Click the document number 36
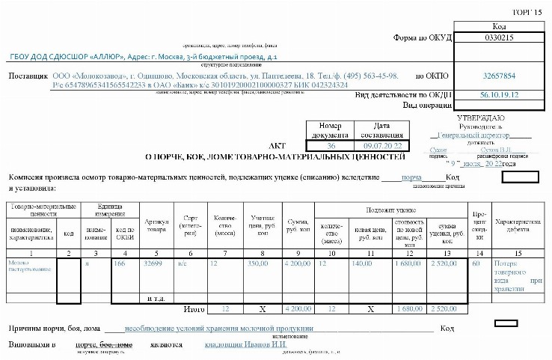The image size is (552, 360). coord(331,144)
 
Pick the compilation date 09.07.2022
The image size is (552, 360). coord(381,144)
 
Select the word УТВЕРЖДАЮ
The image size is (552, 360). coord(480,118)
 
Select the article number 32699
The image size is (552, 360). coord(153,263)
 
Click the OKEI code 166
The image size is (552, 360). coord(119,263)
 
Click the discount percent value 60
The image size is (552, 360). coord(476,263)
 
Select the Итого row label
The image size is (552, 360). coord(194,308)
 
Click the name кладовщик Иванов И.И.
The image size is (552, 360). coord(238,345)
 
